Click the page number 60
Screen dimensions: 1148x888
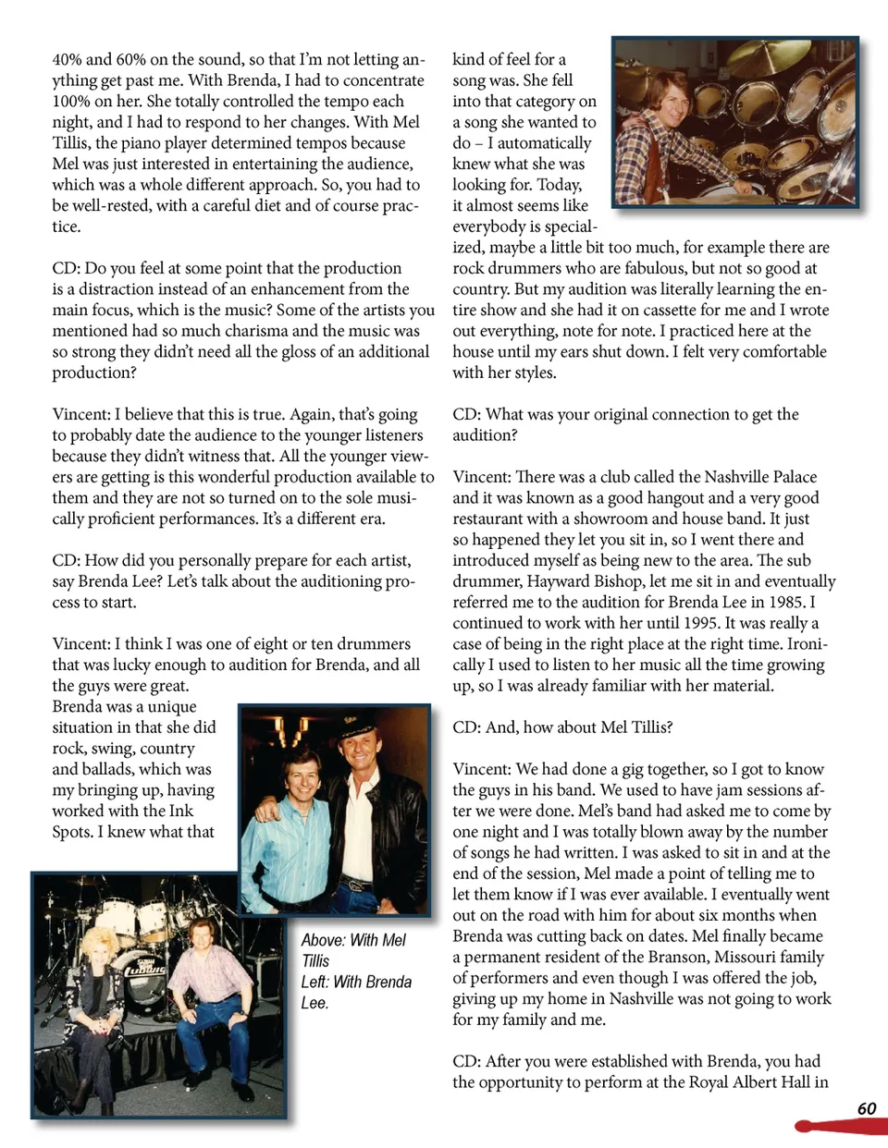coord(867,1108)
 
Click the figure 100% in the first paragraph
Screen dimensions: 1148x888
coord(71,102)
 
